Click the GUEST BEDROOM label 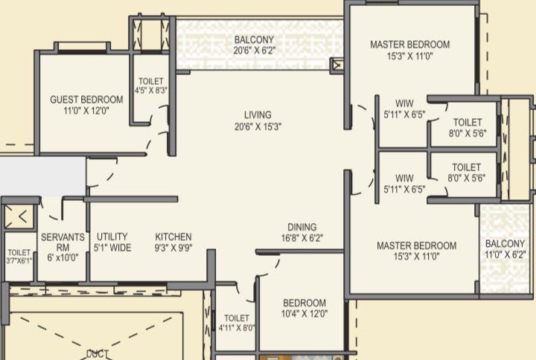click(x=86, y=100)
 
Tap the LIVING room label click(x=258, y=115)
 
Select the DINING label click(x=302, y=227)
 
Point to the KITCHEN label click(x=173, y=237)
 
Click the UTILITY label click(x=112, y=237)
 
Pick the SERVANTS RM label click(x=63, y=242)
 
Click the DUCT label click(x=98, y=354)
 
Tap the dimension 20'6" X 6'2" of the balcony click(x=255, y=51)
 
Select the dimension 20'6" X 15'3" click(x=258, y=126)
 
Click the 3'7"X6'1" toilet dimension click(x=19, y=261)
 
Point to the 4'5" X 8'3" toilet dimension click(x=150, y=91)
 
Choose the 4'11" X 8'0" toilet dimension click(x=237, y=328)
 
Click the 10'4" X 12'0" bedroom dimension click(x=304, y=314)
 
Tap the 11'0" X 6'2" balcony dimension click(x=505, y=254)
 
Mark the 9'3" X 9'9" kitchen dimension click(x=173, y=248)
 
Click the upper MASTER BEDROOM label click(x=410, y=45)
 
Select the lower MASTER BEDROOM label click(x=416, y=245)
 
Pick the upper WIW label click(x=404, y=103)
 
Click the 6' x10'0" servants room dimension click(x=63, y=258)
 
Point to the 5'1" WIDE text click(x=112, y=248)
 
